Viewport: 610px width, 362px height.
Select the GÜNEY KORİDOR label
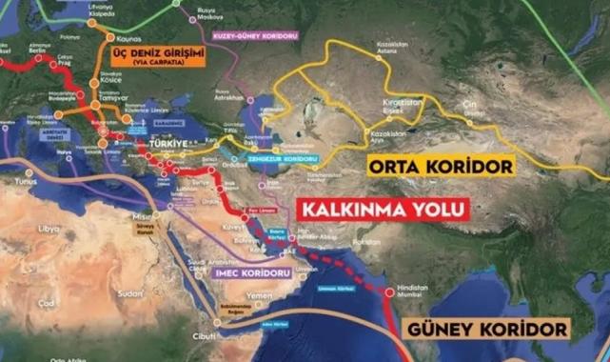[x=489, y=330]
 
